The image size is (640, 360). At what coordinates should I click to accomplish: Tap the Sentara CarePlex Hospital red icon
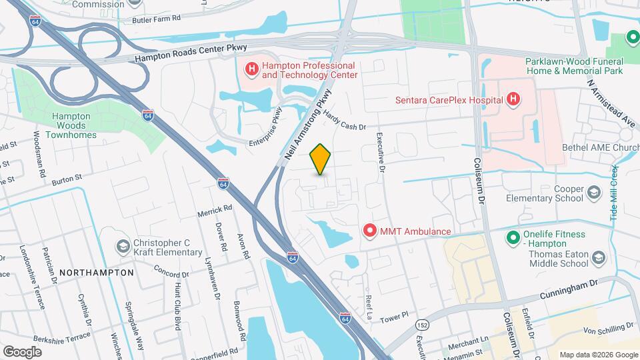pyautogui.click(x=513, y=100)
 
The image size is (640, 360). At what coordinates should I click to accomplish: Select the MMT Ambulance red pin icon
pyautogui.click(x=369, y=231)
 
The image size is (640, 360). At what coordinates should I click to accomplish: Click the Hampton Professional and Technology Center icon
pyautogui.click(x=252, y=69)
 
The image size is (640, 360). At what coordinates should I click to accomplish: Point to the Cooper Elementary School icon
pyautogui.click(x=593, y=193)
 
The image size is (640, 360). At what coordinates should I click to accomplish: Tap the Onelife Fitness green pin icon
pyautogui.click(x=513, y=237)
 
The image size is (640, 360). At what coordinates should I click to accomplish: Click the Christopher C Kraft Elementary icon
pyautogui.click(x=122, y=247)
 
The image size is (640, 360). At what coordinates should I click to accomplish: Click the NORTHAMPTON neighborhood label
pyautogui.click(x=97, y=273)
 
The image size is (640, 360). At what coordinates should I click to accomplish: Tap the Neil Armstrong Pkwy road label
pyautogui.click(x=307, y=128)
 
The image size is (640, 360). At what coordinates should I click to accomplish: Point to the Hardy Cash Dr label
pyautogui.click(x=345, y=121)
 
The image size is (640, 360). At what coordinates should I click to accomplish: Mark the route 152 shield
pyautogui.click(x=421, y=324)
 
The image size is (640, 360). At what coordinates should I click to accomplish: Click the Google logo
pyautogui.click(x=22, y=351)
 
